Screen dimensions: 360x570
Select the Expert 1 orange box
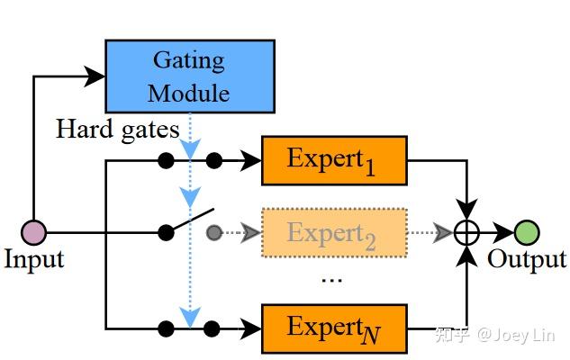334,160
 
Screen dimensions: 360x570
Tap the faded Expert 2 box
334,233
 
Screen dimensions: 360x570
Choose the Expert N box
334,328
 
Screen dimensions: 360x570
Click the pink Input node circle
33,232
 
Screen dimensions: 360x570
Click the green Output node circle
527,232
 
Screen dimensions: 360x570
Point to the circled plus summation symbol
466,232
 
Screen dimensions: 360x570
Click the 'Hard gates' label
118,130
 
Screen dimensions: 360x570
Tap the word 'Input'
34,261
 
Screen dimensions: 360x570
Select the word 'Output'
526,261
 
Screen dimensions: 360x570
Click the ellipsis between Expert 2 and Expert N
332,278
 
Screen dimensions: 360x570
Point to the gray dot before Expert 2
213,233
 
